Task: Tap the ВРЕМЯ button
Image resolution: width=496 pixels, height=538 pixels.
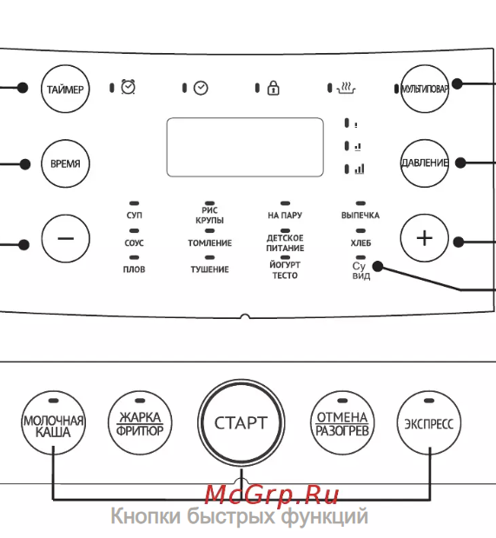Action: pyautogui.click(x=65, y=163)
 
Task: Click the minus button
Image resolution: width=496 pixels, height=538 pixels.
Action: pyautogui.click(x=65, y=238)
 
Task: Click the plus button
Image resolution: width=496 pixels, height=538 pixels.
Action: pyautogui.click(x=424, y=238)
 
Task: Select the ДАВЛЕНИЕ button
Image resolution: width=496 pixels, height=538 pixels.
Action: pyautogui.click(x=425, y=163)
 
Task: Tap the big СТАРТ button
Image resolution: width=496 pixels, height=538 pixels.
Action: pyautogui.click(x=241, y=422)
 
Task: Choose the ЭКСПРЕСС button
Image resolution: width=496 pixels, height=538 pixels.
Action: pyautogui.click(x=429, y=422)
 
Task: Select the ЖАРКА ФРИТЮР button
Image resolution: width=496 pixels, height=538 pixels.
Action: pyautogui.click(x=140, y=422)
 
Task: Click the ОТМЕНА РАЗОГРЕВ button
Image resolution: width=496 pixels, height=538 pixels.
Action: pyautogui.click(x=342, y=422)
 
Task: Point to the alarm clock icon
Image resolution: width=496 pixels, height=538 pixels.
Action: pyautogui.click(x=129, y=87)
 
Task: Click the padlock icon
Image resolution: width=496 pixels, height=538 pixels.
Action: pyautogui.click(x=274, y=88)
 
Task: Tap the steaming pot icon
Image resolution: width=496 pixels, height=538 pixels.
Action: pyautogui.click(x=346, y=88)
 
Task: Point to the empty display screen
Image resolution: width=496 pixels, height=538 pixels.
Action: pyautogui.click(x=245, y=147)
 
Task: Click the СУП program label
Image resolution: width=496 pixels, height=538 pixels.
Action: pyautogui.click(x=134, y=216)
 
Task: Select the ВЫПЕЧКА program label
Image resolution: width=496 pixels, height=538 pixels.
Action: pyautogui.click(x=360, y=216)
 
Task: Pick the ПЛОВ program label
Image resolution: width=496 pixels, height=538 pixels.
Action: pyautogui.click(x=134, y=269)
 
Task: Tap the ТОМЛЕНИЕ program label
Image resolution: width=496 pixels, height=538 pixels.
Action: pyautogui.click(x=209, y=242)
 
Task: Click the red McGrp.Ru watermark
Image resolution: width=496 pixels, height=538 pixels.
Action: pyautogui.click(x=272, y=495)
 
